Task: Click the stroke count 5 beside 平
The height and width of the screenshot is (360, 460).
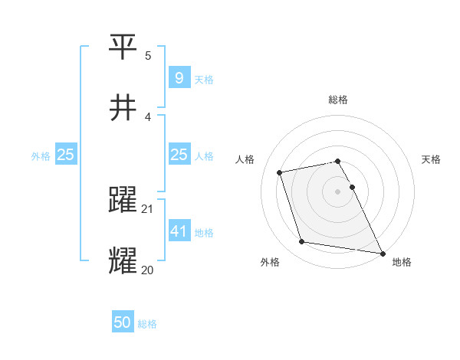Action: click(x=148, y=56)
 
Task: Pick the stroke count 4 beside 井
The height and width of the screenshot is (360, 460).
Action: click(x=148, y=117)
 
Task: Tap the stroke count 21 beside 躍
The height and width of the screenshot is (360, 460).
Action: click(x=149, y=209)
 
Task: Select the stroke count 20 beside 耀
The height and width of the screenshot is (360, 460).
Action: click(x=149, y=270)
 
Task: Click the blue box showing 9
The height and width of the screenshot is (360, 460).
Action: click(x=179, y=78)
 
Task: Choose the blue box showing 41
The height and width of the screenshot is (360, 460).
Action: click(x=179, y=231)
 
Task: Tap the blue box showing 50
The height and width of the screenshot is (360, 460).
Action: click(x=123, y=322)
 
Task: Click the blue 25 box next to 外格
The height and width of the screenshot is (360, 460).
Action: click(x=66, y=155)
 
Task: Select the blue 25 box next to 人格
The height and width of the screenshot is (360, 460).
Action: click(x=179, y=155)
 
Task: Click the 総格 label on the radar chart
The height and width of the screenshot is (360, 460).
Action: click(x=338, y=100)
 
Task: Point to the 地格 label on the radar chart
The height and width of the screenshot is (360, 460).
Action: click(x=402, y=263)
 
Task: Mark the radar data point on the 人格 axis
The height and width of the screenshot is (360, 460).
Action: click(x=280, y=172)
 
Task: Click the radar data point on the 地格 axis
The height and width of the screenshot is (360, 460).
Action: click(x=381, y=252)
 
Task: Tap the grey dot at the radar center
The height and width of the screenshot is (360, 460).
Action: click(x=338, y=191)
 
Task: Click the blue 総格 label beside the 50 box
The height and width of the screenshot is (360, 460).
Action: click(x=147, y=324)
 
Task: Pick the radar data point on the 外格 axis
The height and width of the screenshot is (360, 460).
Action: click(x=302, y=242)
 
